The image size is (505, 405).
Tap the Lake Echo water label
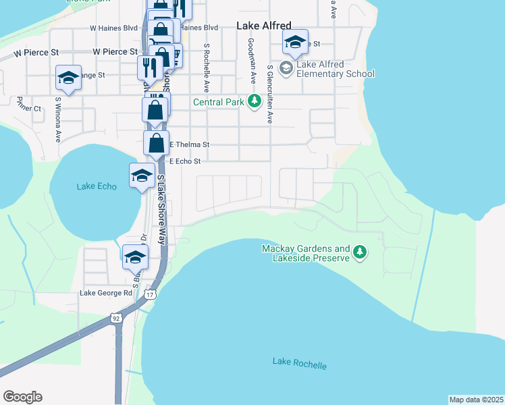97,186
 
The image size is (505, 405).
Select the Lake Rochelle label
299,363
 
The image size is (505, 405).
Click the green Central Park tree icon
254,102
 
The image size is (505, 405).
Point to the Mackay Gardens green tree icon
360,252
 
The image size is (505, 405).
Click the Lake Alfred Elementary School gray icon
286,68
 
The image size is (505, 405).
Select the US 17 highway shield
150,295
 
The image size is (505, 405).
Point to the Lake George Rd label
106,293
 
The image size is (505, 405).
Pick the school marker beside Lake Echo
142,177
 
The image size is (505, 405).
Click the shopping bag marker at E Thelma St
157,144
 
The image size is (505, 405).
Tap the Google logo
22,397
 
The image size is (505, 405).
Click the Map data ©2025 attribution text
476,400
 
